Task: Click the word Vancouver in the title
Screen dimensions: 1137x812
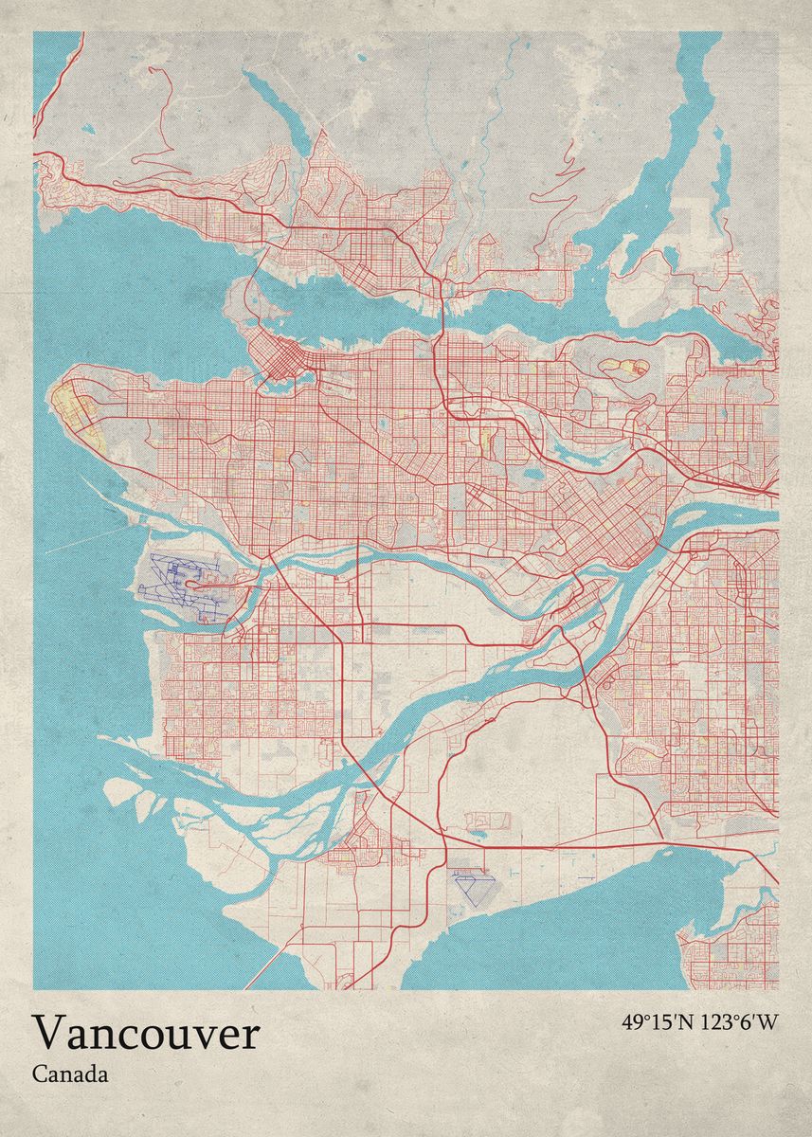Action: click(x=146, y=1033)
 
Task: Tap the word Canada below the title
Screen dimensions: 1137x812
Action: click(x=69, y=1074)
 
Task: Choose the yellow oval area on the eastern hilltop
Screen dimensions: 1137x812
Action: click(x=624, y=367)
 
